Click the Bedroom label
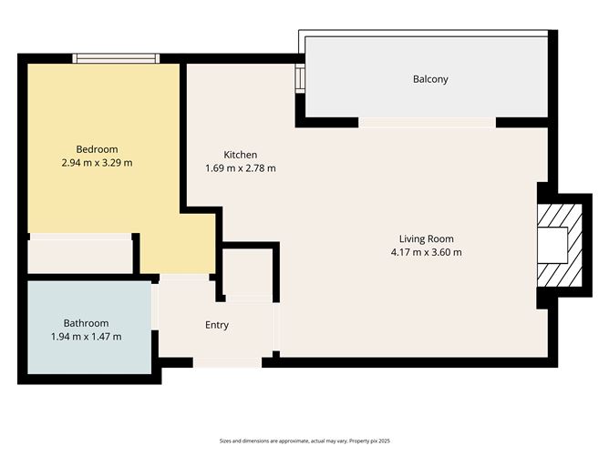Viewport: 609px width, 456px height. point(97,149)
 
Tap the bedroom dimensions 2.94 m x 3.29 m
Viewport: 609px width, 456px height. point(97,163)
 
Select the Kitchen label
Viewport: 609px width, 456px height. point(241,155)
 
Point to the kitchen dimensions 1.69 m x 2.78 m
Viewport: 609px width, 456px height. point(241,168)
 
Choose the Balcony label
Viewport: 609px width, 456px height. point(430,79)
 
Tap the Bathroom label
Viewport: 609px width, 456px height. point(86,323)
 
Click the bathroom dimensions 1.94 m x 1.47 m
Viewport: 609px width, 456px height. point(86,337)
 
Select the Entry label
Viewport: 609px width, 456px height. point(217,325)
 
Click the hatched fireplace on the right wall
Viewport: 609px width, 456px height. point(559,245)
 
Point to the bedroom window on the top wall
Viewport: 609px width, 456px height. point(117,58)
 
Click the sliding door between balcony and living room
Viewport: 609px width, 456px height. point(427,122)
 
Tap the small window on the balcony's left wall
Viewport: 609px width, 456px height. point(300,80)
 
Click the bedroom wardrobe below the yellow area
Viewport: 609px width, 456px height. point(79,254)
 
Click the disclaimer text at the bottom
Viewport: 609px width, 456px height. point(304,440)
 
